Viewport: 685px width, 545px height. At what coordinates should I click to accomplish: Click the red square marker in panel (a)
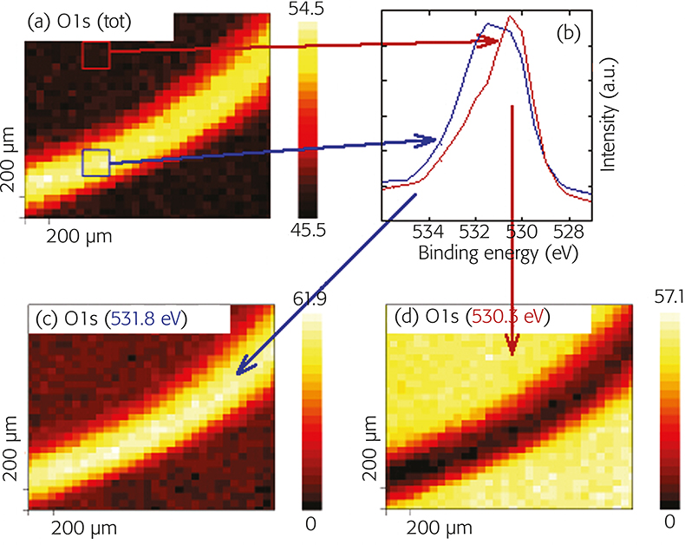click(x=95, y=55)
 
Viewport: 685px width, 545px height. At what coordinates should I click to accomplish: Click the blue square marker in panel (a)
click(x=96, y=162)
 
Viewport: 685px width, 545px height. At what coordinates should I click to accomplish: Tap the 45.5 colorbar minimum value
click(x=313, y=233)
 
